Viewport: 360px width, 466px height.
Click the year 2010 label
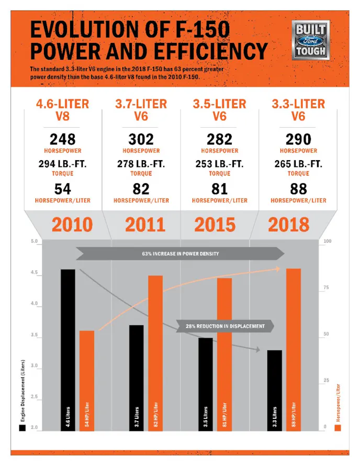72,225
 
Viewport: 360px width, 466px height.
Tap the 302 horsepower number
141,139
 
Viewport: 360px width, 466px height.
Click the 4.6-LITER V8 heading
62,109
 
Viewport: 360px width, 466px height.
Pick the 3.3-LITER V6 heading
298,109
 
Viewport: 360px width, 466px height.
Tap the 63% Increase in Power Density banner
180,254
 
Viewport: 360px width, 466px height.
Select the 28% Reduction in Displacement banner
225,326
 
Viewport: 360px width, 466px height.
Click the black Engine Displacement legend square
22,428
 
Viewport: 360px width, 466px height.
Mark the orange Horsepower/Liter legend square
338,428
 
